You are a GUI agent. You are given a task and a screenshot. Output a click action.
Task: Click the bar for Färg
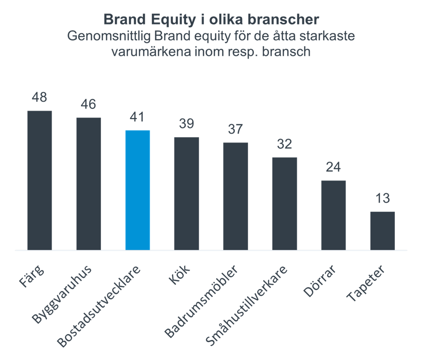39,180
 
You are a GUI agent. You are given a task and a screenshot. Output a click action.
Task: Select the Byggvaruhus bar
89,184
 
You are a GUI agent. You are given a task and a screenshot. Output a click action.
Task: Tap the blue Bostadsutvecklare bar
138,190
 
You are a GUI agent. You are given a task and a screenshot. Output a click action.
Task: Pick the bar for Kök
187,194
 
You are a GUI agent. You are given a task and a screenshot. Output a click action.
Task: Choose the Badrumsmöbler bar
236,196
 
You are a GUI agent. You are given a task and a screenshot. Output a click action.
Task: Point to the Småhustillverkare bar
285,203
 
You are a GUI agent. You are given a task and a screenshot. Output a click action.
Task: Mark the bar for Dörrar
333,215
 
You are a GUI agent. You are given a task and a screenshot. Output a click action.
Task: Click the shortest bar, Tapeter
383,231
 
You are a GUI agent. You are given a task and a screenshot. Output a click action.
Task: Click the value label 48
39,99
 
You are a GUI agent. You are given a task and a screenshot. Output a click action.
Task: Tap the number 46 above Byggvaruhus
89,105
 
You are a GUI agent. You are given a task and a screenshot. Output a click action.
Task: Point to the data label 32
285,144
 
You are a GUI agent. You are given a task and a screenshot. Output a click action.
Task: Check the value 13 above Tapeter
383,199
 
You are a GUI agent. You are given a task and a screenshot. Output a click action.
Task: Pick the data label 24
333,168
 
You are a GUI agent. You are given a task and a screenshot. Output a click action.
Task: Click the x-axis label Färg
34,277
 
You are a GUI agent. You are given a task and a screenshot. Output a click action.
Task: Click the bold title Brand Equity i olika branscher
211,20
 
